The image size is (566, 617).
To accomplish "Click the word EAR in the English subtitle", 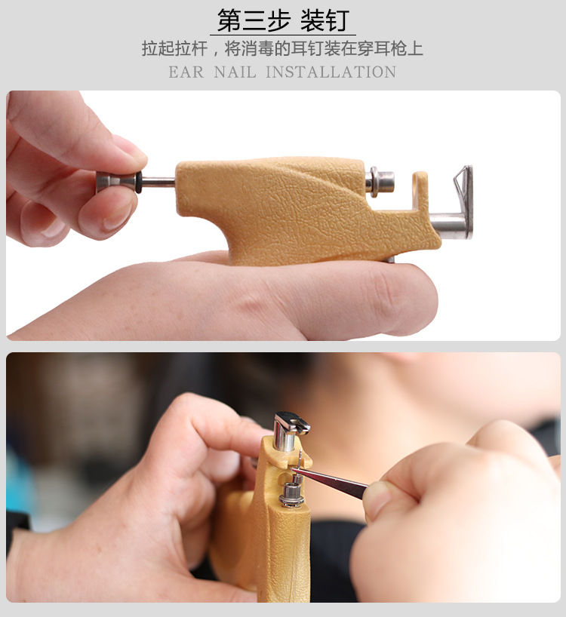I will pos(186,73).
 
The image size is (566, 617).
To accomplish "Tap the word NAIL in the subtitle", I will pos(235,73).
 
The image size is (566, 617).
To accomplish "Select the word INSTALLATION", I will pos(331,73).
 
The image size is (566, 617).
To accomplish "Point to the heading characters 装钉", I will pos(325,20).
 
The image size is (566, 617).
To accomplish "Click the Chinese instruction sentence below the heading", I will pos(282,49).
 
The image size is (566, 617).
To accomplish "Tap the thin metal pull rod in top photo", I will pos(158,182).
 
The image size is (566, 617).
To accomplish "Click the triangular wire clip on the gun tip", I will pos(461,186).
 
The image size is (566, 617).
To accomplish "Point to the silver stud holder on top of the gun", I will pos(382,181).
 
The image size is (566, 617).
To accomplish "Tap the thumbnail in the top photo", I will pos(117,217).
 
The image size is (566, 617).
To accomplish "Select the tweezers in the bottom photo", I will pos(332,480).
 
